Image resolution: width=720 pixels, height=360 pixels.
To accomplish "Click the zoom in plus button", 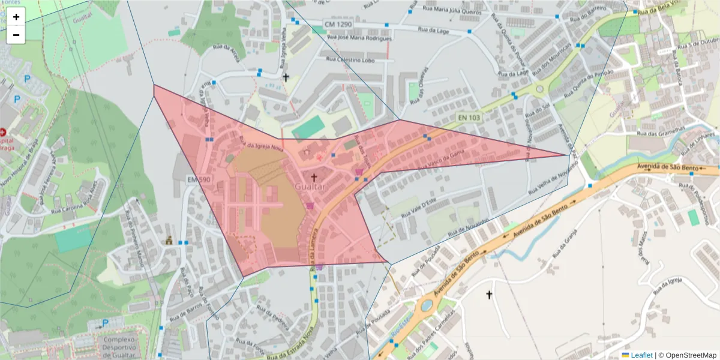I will (16, 17).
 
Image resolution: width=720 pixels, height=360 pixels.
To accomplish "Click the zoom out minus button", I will (16, 35).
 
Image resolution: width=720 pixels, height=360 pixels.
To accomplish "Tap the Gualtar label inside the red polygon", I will (310, 187).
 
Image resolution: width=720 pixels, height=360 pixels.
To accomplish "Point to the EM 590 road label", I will (199, 179).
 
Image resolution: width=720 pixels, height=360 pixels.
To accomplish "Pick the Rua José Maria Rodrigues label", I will (359, 38).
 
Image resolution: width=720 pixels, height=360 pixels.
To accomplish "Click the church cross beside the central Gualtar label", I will (314, 178).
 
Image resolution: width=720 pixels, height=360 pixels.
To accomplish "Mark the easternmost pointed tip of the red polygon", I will (568, 155).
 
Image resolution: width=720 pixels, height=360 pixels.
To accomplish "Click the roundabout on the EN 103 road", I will (539, 89).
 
